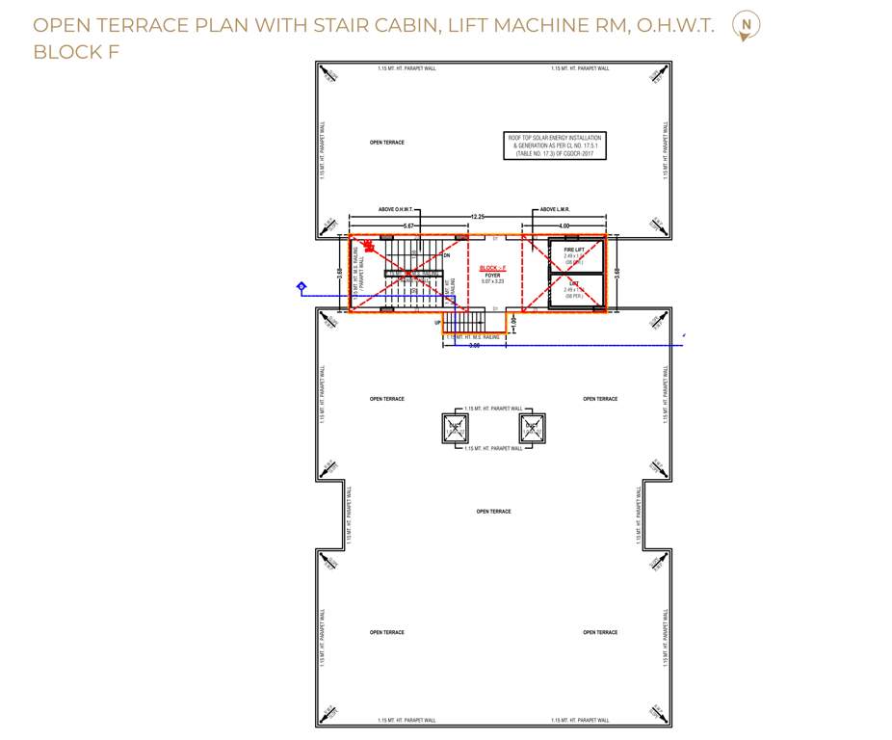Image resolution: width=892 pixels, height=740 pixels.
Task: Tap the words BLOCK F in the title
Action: point(76,52)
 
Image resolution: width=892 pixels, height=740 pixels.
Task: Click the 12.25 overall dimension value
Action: point(477,217)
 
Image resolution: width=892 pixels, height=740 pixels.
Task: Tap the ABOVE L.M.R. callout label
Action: point(556,209)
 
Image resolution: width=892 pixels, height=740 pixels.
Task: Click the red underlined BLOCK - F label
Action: point(492,268)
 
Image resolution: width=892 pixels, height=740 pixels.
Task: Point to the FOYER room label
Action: point(492,276)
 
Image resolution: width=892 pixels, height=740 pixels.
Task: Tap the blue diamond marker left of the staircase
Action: point(302,286)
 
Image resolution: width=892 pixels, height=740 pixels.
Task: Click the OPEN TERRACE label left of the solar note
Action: point(387,143)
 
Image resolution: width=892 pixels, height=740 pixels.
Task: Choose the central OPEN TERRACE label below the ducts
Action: point(493,512)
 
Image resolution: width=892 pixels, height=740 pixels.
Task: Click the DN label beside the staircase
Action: point(446,255)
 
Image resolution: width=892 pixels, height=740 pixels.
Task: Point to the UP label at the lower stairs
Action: point(438,323)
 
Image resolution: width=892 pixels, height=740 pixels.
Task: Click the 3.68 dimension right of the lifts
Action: point(617,273)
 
